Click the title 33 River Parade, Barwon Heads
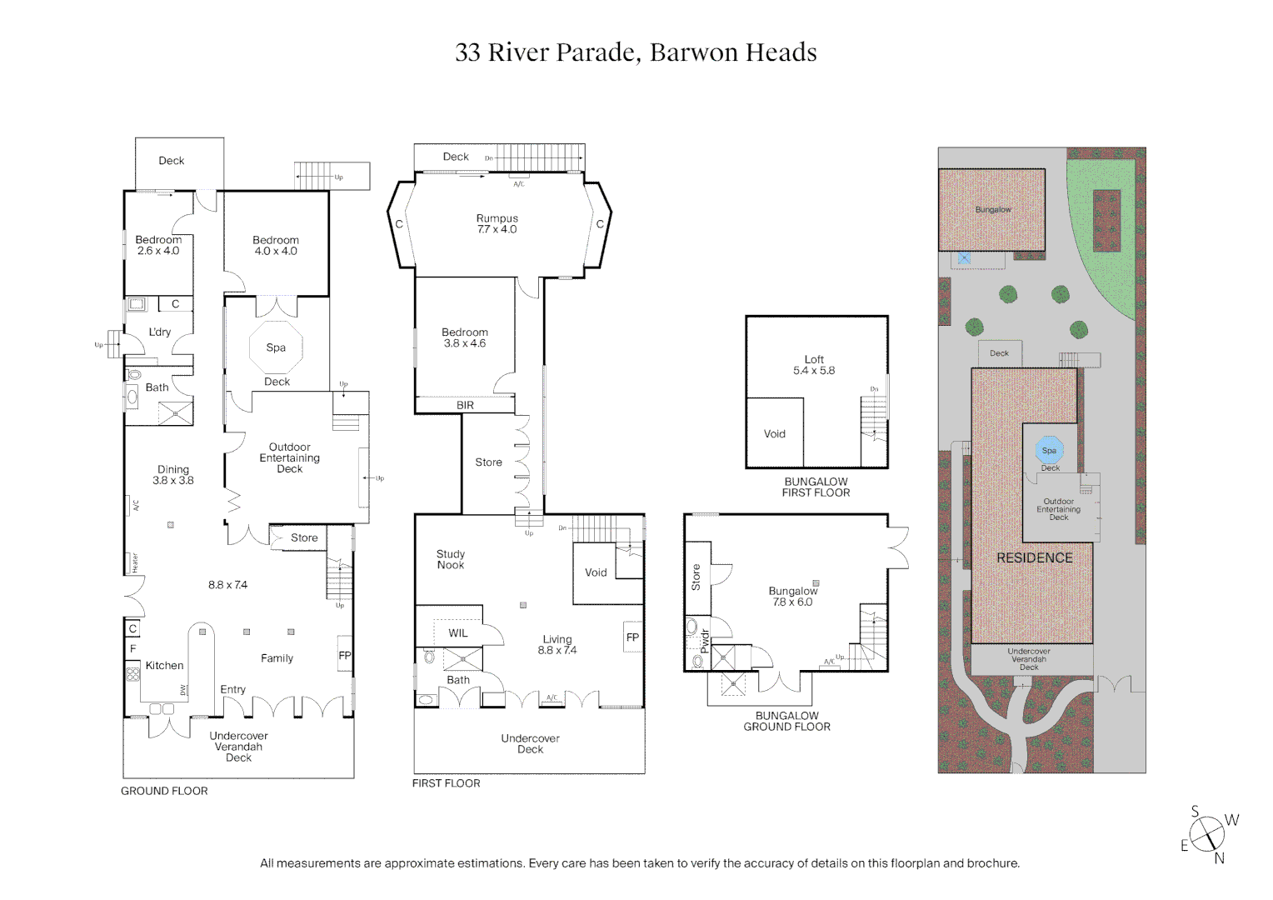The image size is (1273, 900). pyautogui.click(x=636, y=52)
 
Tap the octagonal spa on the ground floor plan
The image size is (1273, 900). pyautogui.click(x=276, y=347)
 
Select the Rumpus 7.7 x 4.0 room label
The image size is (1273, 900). pyautogui.click(x=497, y=224)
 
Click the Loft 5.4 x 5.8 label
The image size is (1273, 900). pyautogui.click(x=814, y=365)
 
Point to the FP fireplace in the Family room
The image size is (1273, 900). pyautogui.click(x=345, y=656)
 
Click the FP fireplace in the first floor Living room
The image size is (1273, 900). pyautogui.click(x=632, y=637)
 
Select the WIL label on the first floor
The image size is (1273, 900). pyautogui.click(x=458, y=633)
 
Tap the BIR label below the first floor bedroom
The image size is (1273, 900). pyautogui.click(x=465, y=406)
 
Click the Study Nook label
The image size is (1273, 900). pyautogui.click(x=451, y=559)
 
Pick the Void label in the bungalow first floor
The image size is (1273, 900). pyautogui.click(x=775, y=434)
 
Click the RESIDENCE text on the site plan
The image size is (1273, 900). pyautogui.click(x=1035, y=558)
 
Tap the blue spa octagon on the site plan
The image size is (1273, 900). pyautogui.click(x=1049, y=450)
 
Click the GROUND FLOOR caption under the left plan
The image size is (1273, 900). pyautogui.click(x=164, y=791)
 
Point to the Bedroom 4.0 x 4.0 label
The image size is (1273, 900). pyautogui.click(x=276, y=246)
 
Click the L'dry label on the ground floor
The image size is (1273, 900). pyautogui.click(x=160, y=332)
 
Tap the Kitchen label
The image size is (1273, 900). pyautogui.click(x=164, y=666)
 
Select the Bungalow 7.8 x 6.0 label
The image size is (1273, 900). pyautogui.click(x=793, y=597)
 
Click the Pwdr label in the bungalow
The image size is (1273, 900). pyautogui.click(x=704, y=640)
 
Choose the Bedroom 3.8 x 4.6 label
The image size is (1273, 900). pyautogui.click(x=465, y=337)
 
